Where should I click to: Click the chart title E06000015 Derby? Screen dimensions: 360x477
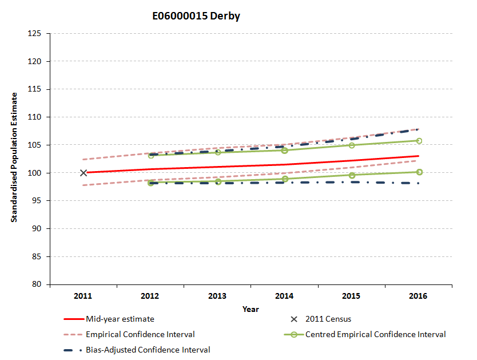[x=196, y=16]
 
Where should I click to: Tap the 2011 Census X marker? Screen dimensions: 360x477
[x=84, y=172]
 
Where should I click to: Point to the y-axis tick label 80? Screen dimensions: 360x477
[x=37, y=284]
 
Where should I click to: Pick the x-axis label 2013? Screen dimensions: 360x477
[x=217, y=296]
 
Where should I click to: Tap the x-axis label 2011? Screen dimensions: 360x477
[x=83, y=296]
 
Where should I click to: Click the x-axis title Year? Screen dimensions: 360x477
[x=250, y=309]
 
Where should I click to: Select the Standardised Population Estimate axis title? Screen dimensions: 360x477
[x=14, y=157]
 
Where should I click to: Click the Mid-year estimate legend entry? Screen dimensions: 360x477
[x=120, y=319]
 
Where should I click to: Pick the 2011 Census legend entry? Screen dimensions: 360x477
[x=328, y=319]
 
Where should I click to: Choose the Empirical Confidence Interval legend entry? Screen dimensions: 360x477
[x=140, y=334]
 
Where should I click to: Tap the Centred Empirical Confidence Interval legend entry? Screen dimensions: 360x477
[x=375, y=334]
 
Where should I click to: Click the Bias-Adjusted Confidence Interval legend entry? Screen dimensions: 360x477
[x=148, y=350]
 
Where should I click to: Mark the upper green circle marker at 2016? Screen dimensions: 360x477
[x=419, y=141]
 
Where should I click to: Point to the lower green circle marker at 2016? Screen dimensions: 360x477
[x=419, y=172]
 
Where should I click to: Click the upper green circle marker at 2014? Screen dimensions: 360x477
[x=284, y=150]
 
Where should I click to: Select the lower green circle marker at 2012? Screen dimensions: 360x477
[x=150, y=183]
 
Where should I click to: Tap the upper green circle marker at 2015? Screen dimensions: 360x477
[x=352, y=145]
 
